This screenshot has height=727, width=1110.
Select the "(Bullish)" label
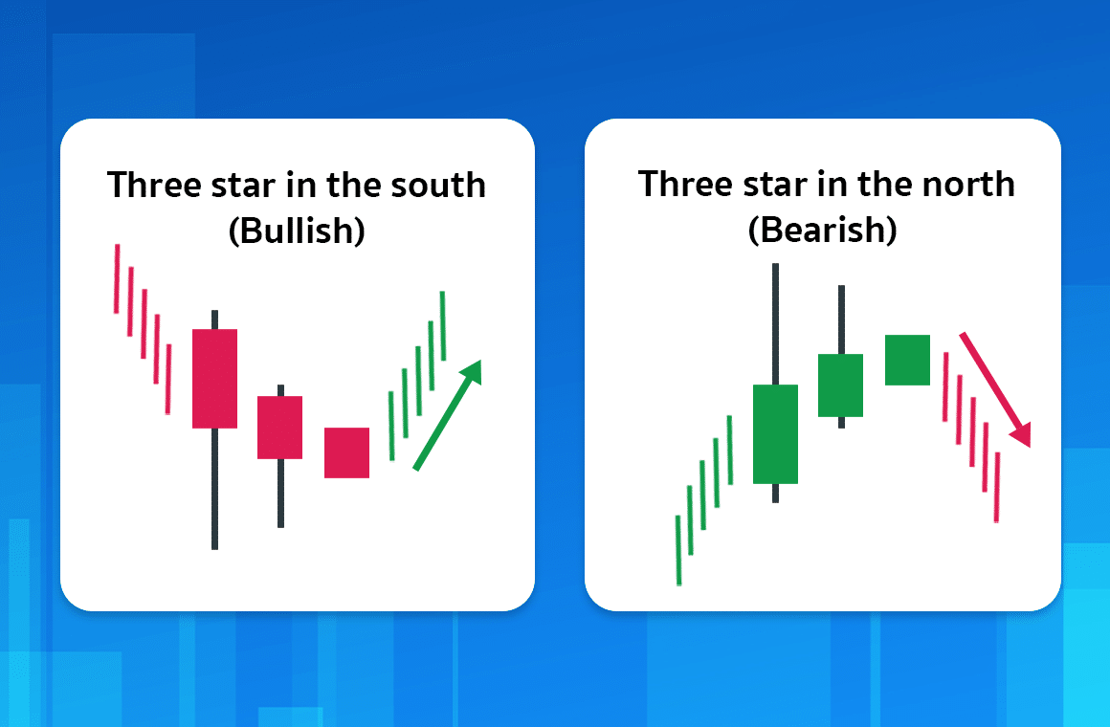[297, 231]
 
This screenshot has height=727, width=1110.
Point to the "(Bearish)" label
[823, 231]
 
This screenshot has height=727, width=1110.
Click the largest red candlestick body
[214, 378]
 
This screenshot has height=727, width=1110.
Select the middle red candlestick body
[279, 427]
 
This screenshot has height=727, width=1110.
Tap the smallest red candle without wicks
[346, 452]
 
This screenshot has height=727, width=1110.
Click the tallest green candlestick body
[775, 433]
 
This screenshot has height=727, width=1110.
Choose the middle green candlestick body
[840, 385]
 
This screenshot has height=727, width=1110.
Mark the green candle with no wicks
[907, 360]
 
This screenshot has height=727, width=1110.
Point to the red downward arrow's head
[1021, 435]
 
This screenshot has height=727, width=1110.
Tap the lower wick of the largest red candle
[214, 488]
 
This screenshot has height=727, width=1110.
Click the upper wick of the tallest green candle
[775, 323]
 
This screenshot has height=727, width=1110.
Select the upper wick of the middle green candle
[841, 319]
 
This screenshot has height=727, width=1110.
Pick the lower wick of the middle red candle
[280, 493]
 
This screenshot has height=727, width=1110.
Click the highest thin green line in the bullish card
[443, 325]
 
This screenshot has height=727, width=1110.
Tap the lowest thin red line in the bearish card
[996, 487]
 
